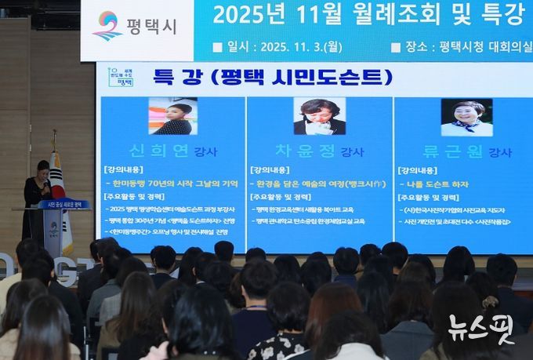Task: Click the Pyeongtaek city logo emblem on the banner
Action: (107, 25)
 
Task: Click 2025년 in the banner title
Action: (242, 13)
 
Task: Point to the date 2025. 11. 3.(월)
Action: (295, 47)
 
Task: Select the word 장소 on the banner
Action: (416, 47)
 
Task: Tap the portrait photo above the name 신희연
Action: (172, 116)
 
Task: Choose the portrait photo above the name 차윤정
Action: (319, 116)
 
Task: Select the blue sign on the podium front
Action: (64, 205)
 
